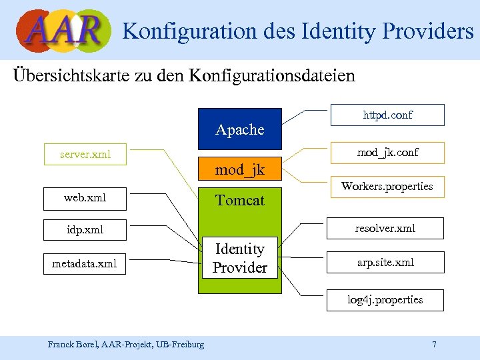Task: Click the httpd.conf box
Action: click(387, 115)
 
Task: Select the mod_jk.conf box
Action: click(387, 153)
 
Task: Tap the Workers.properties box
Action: click(387, 187)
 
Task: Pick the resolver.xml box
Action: click(385, 228)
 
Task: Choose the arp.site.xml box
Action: click(385, 262)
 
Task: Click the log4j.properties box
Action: click(385, 299)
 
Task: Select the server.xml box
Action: click(85, 155)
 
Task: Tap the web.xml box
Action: click(85, 198)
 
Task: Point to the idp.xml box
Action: click(85, 230)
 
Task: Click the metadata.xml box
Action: click(85, 264)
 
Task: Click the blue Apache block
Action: click(240, 129)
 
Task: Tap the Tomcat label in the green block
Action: click(240, 200)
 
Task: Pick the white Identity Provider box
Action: click(240, 258)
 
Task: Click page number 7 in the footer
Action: click(434, 344)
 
